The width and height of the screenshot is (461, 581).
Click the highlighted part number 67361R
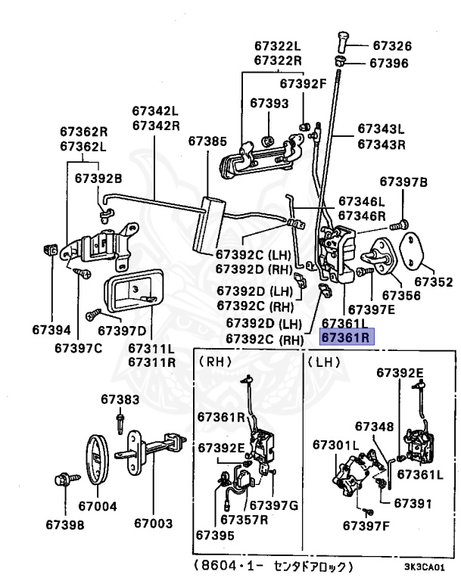347,338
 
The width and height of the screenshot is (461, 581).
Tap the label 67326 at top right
391,46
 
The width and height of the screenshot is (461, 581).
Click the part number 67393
269,102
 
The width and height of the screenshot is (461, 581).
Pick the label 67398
64,523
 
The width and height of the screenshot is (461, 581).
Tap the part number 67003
154,523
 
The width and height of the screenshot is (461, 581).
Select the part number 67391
413,502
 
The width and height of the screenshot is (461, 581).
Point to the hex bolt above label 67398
63,480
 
